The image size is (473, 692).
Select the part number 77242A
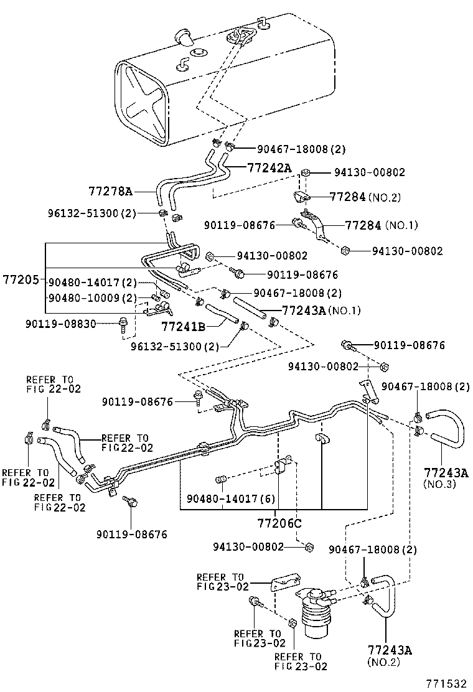pos(269,168)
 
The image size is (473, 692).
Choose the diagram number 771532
pos(446,683)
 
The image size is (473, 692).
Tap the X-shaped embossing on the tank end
pos(146,106)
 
